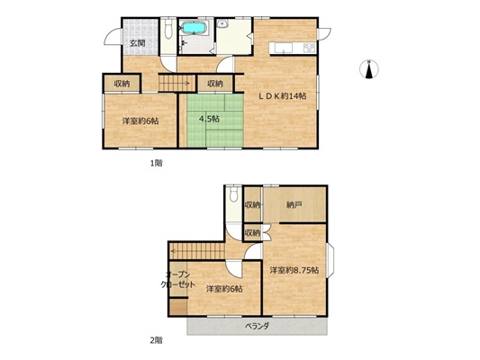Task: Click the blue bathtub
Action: point(195,28)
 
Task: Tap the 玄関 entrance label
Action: point(137,43)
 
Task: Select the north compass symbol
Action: point(369,69)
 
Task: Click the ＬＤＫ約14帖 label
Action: point(282,96)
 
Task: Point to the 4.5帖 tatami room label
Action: point(209,119)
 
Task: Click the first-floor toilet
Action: point(168,30)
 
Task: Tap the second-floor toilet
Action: point(234,194)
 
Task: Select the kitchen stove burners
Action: point(309,48)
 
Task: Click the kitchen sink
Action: point(284,48)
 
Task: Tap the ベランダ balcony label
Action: point(258,326)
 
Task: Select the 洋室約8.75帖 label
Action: point(294,270)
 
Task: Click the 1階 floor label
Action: point(156,163)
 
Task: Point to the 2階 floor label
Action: point(156,340)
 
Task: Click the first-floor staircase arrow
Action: point(175,83)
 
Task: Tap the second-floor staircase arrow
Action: point(197,251)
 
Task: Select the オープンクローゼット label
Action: point(178,280)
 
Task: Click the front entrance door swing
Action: point(113,36)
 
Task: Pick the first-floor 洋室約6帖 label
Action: point(140,121)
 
